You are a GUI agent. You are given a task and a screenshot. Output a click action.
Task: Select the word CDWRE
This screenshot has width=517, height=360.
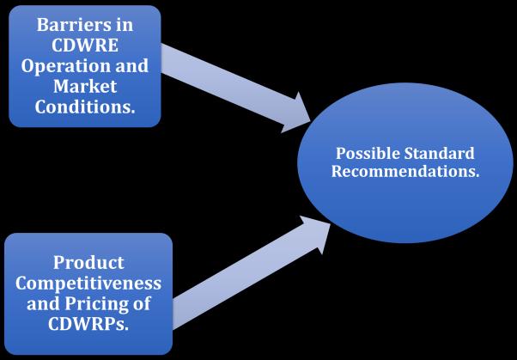click(x=83, y=45)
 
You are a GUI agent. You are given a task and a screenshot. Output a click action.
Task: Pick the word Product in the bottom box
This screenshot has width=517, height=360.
click(x=88, y=261)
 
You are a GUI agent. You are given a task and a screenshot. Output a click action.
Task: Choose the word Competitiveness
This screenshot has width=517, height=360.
click(x=88, y=284)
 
